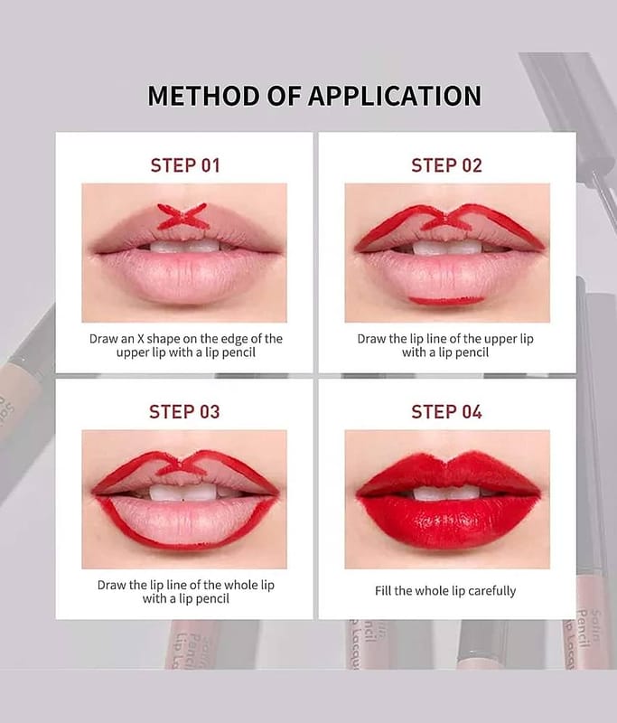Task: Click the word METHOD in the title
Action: (203, 96)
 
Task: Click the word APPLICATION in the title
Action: (395, 96)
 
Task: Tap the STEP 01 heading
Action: (185, 165)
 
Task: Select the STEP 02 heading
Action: (446, 165)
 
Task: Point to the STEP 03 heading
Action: (184, 412)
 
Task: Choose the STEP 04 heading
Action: (446, 412)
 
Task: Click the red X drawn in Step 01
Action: (183, 216)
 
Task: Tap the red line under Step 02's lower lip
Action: (445, 301)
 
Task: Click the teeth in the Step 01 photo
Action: (184, 246)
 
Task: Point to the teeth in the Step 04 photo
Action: (446, 493)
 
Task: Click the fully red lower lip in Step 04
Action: (447, 522)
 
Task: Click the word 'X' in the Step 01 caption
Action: (140, 339)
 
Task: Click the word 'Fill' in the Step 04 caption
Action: (382, 591)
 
